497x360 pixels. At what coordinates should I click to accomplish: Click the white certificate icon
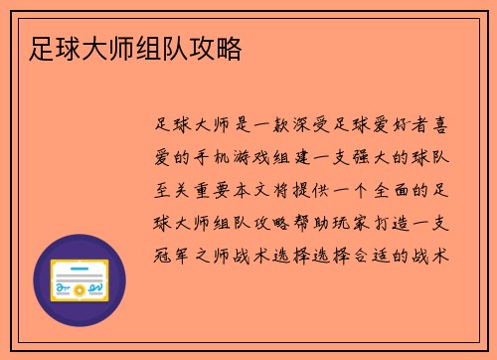(x=80, y=280)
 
